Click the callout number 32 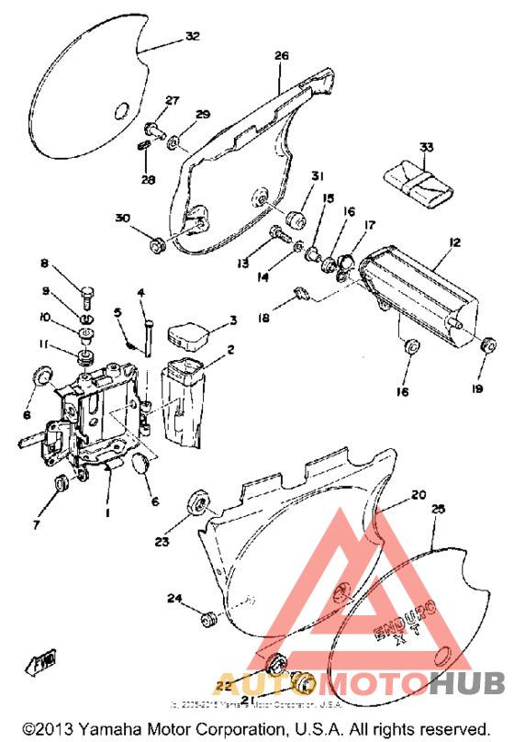pyautogui.click(x=192, y=37)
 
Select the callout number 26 pyautogui.click(x=281, y=55)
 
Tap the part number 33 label pyautogui.click(x=426, y=146)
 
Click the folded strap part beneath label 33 pyautogui.click(x=419, y=181)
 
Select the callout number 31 pyautogui.click(x=292, y=176)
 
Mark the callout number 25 pyautogui.click(x=438, y=508)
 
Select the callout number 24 pyautogui.click(x=174, y=599)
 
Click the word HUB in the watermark pyautogui.click(x=469, y=683)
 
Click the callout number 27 pyautogui.click(x=172, y=100)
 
